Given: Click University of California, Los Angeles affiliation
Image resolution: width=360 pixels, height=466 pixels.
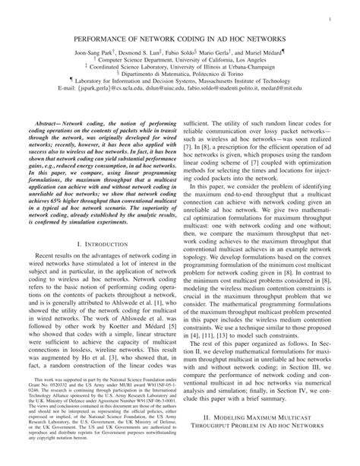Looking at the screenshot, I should pyautogui.click(x=180, y=62).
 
